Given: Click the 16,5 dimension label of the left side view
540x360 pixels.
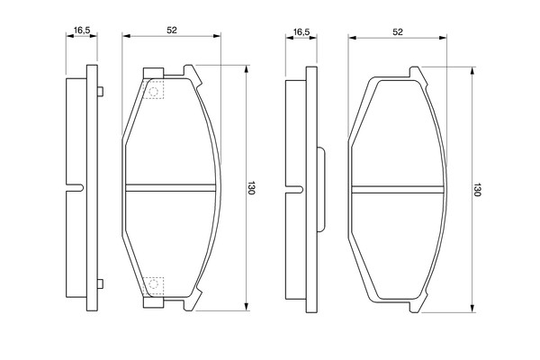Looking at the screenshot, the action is tap(82, 30).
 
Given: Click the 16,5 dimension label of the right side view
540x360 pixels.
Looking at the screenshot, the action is tap(301, 32).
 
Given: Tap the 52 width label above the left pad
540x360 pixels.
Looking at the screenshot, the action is tap(172, 31).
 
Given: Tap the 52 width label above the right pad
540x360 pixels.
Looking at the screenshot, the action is tap(398, 32).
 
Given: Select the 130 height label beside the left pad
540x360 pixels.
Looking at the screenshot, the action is tap(251, 188).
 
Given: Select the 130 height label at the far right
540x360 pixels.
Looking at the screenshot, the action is tap(477, 190).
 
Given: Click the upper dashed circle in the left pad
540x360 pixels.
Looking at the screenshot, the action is tap(153, 91).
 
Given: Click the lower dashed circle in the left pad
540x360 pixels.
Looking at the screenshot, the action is tap(153, 284).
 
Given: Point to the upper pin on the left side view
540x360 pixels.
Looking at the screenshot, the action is tap(100, 92).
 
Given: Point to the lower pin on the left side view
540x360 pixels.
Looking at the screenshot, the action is tap(100, 284).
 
